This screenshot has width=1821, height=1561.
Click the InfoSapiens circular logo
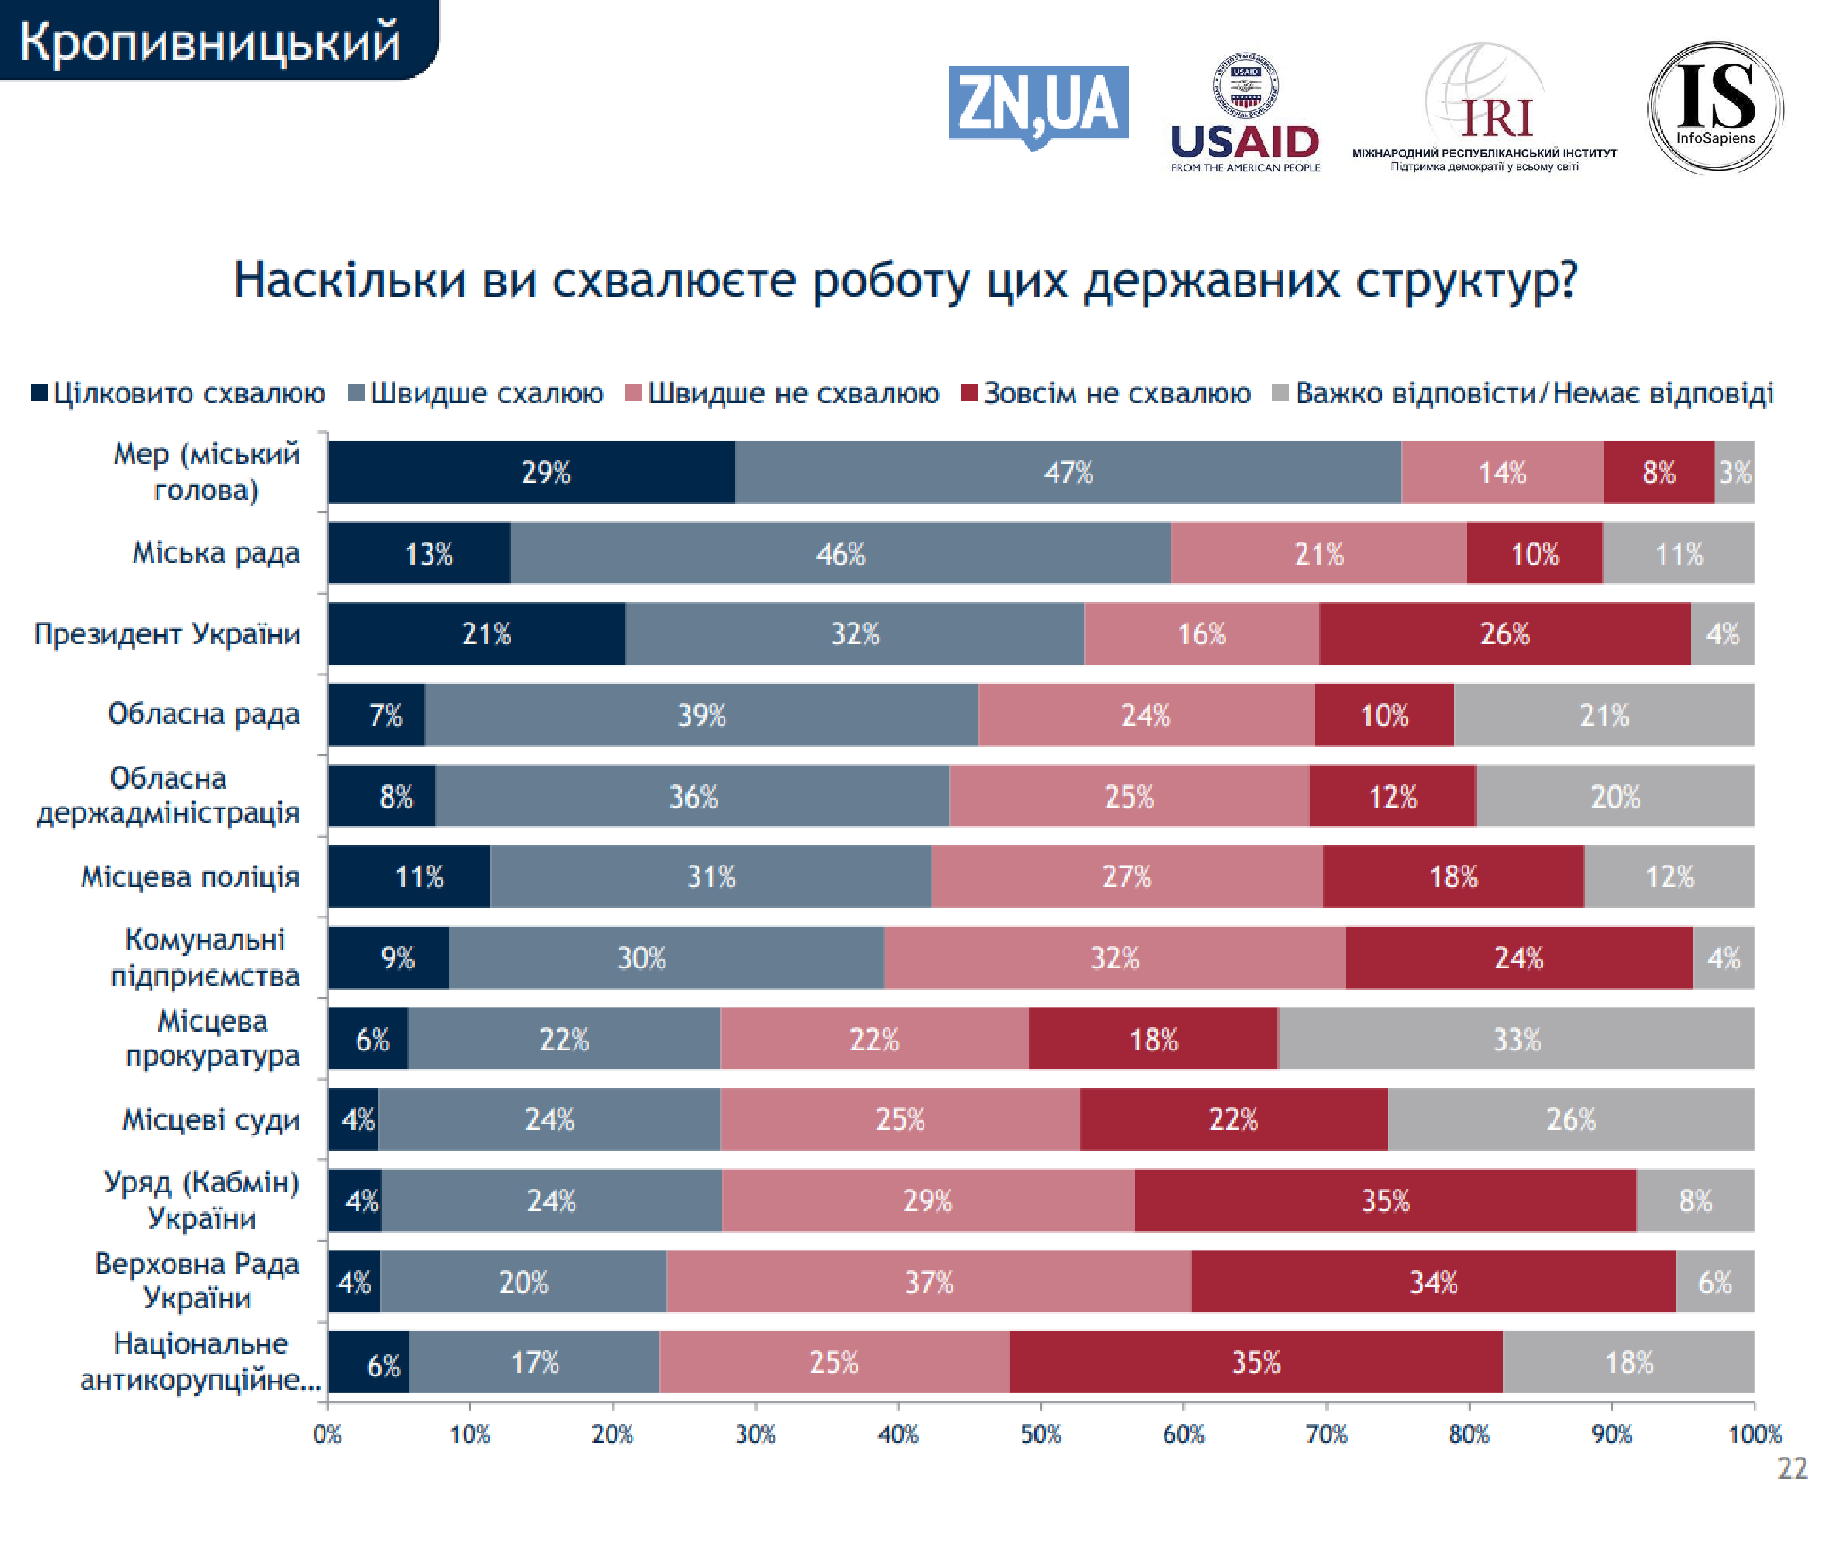(x=1715, y=108)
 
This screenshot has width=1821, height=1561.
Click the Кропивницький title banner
(x=211, y=41)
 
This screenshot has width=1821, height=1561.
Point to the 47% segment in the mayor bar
(x=1068, y=473)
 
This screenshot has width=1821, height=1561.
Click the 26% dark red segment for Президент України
(x=1505, y=634)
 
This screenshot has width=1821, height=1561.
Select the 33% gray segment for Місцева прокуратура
(x=1516, y=1039)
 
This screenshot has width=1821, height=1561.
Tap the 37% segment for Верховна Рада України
(x=929, y=1282)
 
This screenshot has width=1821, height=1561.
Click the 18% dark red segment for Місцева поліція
(x=1453, y=876)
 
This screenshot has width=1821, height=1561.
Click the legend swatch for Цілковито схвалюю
(x=39, y=393)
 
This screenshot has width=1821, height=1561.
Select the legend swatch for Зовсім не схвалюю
(x=969, y=393)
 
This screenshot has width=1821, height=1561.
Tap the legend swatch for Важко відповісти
(x=1281, y=393)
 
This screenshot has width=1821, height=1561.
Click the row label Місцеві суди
(x=211, y=1119)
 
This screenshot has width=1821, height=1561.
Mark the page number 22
(x=1792, y=1468)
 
